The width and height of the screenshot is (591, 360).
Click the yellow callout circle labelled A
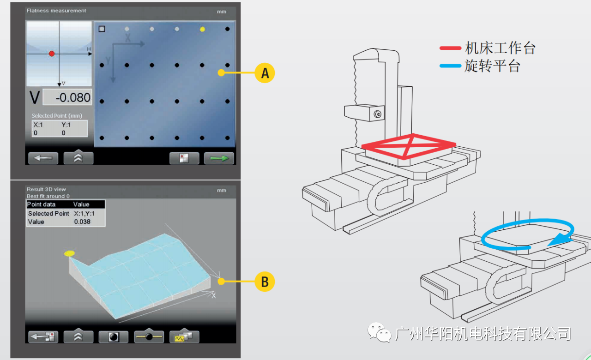265,73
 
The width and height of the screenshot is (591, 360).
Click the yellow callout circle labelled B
265,282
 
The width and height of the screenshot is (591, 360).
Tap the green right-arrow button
219,158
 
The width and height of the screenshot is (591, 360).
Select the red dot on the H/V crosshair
52,54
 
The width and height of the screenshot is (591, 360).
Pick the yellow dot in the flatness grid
202,29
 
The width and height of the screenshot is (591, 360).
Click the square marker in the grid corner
102,29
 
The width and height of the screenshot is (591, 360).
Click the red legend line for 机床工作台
450,48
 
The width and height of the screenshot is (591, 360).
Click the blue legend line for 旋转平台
450,66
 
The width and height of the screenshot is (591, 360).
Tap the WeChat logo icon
379,332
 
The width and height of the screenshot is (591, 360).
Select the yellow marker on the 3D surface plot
69,253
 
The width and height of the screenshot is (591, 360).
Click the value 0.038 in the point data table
82,222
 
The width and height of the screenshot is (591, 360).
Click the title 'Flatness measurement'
56,11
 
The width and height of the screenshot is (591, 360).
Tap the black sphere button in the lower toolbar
114,337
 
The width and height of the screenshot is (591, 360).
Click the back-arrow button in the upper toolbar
43,158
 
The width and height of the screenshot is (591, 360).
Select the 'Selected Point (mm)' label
57,115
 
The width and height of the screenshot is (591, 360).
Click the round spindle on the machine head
378,114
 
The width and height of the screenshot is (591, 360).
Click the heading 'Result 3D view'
46,189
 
